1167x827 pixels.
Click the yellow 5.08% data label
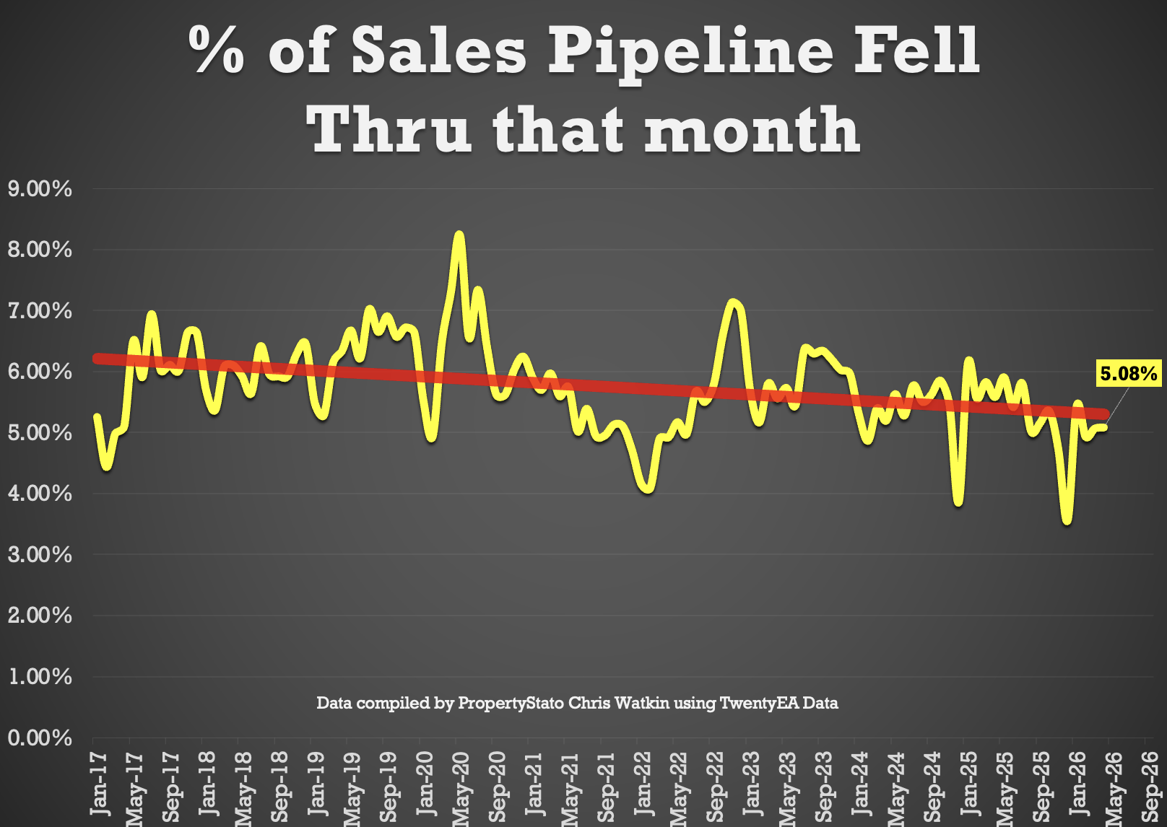coord(1128,373)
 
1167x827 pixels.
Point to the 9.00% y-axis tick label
coord(40,188)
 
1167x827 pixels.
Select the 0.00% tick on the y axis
coord(40,738)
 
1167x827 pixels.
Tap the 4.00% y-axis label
coord(40,494)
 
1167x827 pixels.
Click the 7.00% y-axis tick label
coord(40,311)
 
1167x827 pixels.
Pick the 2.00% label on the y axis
coord(40,616)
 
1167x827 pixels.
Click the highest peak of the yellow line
coord(459,235)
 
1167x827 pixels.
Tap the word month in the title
coord(752,129)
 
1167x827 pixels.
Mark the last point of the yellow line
coord(1103,427)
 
